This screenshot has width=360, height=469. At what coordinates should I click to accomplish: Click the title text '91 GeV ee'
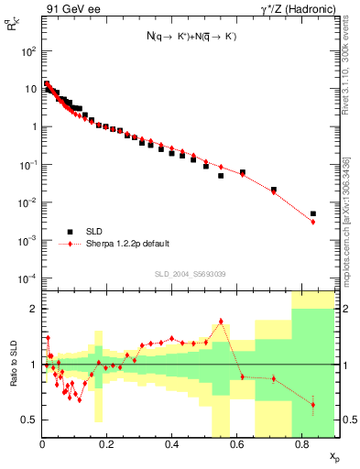point(70,8)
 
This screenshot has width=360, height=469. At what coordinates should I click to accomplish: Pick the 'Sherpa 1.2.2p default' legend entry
point(125,245)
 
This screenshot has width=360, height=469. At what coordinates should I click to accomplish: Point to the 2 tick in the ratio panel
point(32,309)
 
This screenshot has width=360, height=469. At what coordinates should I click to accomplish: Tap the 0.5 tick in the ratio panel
point(29,420)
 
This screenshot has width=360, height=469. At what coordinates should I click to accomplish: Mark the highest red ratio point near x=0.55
point(221,321)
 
